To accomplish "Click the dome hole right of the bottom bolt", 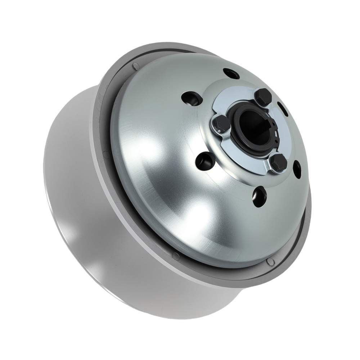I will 297,168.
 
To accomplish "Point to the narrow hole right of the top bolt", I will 283,109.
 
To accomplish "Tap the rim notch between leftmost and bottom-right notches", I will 175,256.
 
